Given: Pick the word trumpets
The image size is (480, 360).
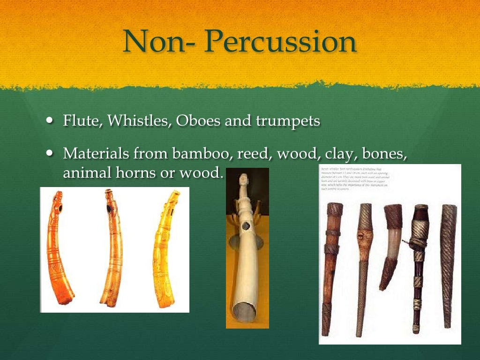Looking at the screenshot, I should click(x=288, y=121).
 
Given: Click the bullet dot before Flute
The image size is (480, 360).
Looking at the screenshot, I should click(x=51, y=121).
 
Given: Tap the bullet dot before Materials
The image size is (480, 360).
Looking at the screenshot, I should click(x=51, y=153).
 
